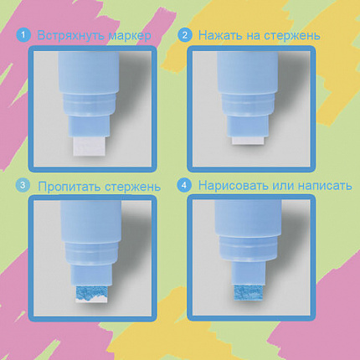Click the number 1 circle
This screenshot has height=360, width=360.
[x=23, y=35]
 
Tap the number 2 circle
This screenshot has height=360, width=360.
[x=185, y=35]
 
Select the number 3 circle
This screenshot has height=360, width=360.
[x=23, y=186]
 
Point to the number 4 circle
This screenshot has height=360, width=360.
[x=184, y=186]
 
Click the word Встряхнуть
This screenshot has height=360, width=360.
[x=71, y=36]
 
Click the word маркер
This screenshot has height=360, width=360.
[x=130, y=37]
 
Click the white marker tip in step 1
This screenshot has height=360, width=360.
[x=90, y=146]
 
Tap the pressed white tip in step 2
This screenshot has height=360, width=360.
[x=248, y=141]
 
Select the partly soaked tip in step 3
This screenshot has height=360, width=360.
[x=91, y=294]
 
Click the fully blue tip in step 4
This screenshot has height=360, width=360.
[x=248, y=293]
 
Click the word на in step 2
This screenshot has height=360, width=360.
[x=254, y=37]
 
